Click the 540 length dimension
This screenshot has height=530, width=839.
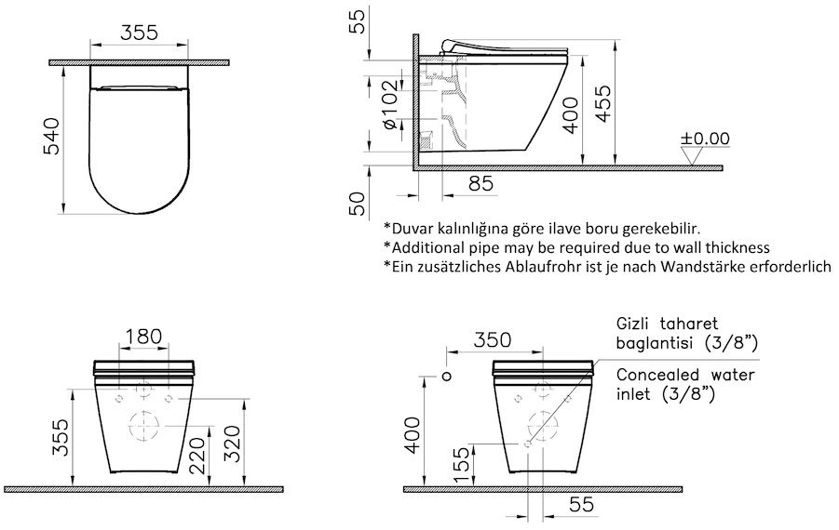[52, 137]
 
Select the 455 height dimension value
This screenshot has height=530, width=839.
[603, 104]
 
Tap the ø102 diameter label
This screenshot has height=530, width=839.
[392, 104]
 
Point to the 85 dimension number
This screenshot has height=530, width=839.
[480, 184]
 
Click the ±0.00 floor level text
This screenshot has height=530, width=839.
[705, 139]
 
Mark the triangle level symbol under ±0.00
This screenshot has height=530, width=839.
[692, 156]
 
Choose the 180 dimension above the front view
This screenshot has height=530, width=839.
[143, 336]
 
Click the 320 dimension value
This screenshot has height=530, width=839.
[232, 444]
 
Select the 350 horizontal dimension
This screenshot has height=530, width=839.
[492, 339]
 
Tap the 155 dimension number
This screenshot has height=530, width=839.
[461, 465]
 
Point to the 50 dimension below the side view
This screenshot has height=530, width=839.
[359, 204]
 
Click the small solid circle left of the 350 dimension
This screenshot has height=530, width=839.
[447, 377]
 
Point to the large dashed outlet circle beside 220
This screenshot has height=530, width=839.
[144, 426]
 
